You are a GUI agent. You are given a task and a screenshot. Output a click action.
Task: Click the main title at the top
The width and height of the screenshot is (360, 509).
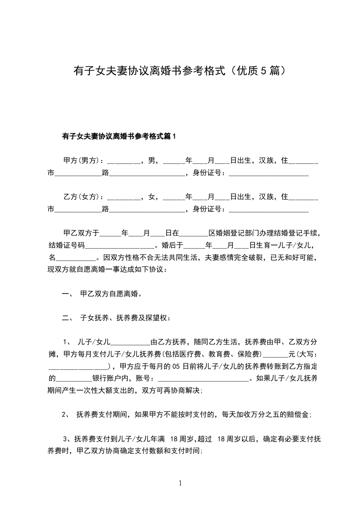180,71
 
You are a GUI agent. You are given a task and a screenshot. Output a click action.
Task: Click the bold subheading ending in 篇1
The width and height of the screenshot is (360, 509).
119,136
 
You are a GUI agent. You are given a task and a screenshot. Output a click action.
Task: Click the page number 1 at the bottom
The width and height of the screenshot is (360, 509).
180,484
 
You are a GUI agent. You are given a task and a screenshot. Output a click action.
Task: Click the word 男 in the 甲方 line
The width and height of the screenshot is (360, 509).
151,161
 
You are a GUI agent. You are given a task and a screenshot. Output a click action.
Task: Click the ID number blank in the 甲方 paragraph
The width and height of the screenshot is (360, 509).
268,173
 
